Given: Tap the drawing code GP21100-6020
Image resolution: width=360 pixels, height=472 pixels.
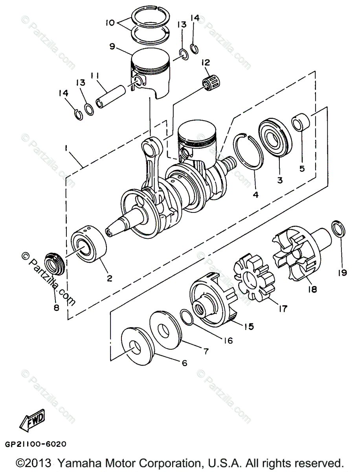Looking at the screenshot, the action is pos(36,444).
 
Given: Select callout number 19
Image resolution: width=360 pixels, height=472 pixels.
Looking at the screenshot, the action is pos(342,273).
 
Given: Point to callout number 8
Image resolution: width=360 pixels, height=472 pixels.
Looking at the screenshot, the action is pos(56,308).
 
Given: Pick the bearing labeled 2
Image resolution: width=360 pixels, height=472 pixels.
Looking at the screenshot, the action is pos(89,243).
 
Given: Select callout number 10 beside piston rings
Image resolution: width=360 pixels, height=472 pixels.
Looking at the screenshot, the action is pos(110,22).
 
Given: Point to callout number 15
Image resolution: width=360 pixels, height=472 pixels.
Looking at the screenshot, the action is pos(249,326).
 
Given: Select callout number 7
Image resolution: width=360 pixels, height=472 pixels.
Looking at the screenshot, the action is pos(206,352).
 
